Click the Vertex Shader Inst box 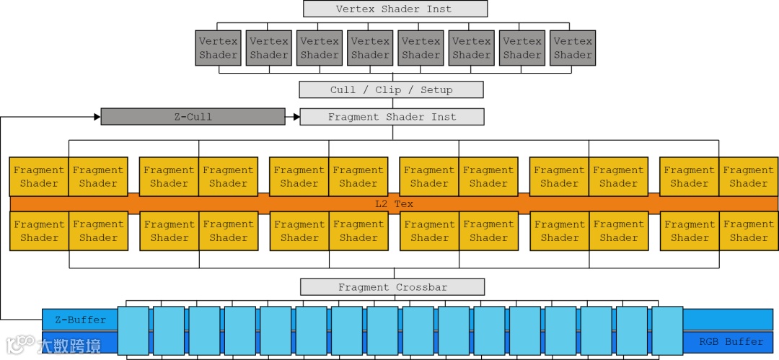pyautogui.click(x=395, y=9)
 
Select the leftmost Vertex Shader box pyautogui.click(x=218, y=48)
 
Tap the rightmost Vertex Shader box pyautogui.click(x=573, y=48)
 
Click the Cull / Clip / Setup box pyautogui.click(x=391, y=89)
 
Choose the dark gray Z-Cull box pyautogui.click(x=193, y=116)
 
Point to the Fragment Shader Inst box pyautogui.click(x=392, y=116)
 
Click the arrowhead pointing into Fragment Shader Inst pyautogui.click(x=296, y=116)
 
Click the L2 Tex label pyautogui.click(x=394, y=204)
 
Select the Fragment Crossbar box pyautogui.click(x=392, y=287)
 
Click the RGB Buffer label pyautogui.click(x=731, y=341)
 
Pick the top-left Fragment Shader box pyautogui.click(x=39, y=177)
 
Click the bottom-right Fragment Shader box pyautogui.click(x=748, y=231)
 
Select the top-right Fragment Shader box pyautogui.click(x=748, y=177)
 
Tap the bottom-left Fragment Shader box pyautogui.click(x=39, y=231)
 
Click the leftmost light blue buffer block pyautogui.click(x=133, y=330)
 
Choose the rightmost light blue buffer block pyautogui.click(x=667, y=330)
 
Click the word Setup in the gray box pyautogui.click(x=436, y=89)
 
